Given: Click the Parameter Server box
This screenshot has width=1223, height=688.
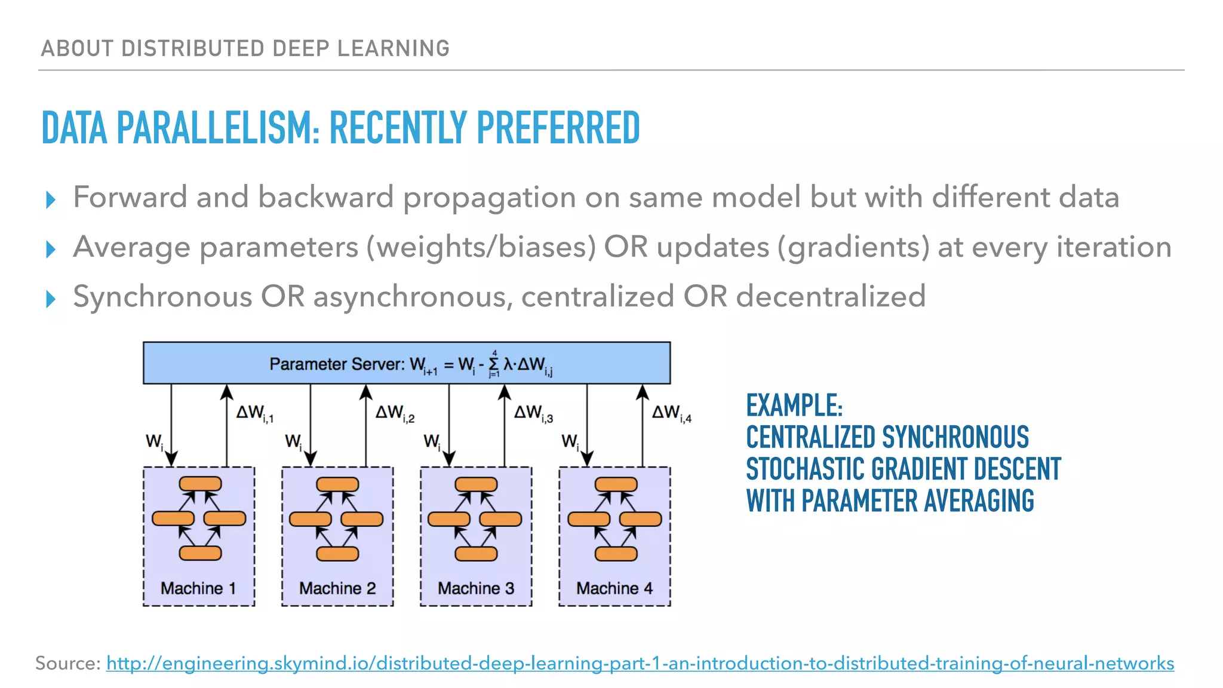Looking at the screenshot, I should coord(406,363).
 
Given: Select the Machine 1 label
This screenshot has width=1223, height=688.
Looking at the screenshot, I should coord(198,588).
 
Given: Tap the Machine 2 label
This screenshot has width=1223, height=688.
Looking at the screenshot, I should coord(337,588).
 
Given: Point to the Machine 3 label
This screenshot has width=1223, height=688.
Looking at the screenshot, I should coord(476,588).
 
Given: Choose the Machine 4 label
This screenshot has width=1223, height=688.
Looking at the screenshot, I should coord(614,588).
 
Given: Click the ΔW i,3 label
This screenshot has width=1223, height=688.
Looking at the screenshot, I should coord(533,413).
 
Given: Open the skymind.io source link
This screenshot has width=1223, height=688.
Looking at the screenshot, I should coord(640,664).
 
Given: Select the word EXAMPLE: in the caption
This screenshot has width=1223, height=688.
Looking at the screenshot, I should coord(794,406).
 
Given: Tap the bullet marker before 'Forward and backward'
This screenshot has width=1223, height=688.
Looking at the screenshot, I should coord(51,199).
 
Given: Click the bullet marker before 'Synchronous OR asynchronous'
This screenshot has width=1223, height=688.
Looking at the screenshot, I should coord(51,299).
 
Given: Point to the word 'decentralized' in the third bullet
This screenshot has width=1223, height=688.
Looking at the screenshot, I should coord(831,296).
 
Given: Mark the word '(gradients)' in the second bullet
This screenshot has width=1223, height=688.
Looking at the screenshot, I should coord(853,247).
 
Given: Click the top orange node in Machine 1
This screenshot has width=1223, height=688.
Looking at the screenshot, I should coord(200,484).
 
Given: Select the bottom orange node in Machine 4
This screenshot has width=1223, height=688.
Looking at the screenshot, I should coord(616,554).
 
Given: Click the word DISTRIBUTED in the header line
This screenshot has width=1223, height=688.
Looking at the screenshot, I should coord(193,48).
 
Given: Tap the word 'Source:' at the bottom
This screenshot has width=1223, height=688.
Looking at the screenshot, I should coord(67,664).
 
